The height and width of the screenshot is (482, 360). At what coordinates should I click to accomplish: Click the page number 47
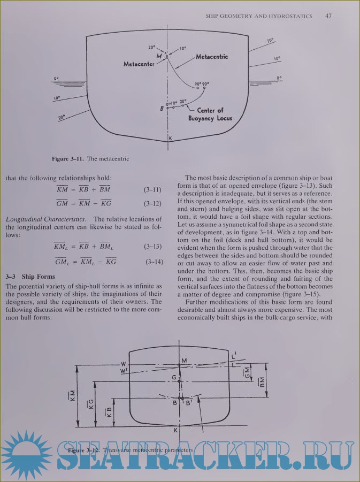328,16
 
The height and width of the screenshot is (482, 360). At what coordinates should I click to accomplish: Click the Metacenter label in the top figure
139,64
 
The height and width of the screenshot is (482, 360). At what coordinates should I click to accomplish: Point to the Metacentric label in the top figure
212,56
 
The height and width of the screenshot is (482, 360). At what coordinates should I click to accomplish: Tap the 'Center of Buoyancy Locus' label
210,114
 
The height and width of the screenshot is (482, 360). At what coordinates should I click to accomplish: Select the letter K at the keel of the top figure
170,137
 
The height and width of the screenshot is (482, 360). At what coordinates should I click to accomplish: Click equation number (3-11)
152,189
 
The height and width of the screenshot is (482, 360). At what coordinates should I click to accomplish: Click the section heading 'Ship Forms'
37,277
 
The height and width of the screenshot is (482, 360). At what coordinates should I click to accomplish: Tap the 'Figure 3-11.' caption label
67,159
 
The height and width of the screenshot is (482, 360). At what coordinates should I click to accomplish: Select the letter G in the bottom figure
174,378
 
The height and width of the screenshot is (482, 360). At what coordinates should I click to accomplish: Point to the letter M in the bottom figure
184,361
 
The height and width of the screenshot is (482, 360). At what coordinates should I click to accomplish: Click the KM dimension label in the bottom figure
72,395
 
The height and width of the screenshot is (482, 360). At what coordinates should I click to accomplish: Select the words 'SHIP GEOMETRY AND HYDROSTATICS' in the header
259,17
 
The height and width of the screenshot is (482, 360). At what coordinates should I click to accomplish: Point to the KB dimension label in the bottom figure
110,412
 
